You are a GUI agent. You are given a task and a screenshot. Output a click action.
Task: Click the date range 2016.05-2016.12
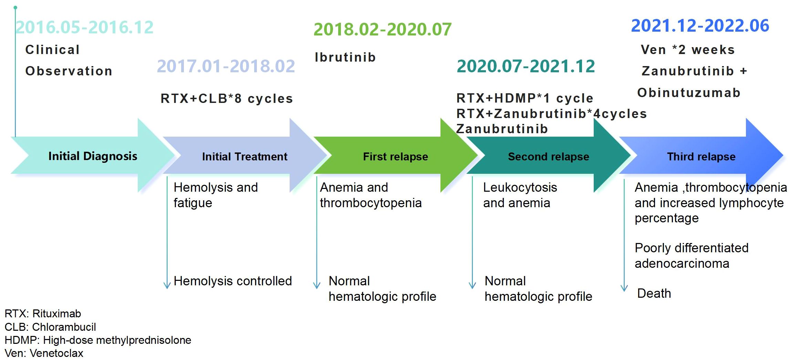[x=85, y=27]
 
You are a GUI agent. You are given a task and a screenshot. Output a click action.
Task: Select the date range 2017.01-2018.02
[x=226, y=66]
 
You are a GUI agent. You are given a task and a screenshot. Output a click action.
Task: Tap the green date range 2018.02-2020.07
[x=383, y=29]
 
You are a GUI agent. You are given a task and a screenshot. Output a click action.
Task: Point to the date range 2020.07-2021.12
[x=526, y=66]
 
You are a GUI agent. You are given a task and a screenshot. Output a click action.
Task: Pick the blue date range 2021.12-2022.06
[x=700, y=25]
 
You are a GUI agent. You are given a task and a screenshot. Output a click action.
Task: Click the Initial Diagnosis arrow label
[x=93, y=156]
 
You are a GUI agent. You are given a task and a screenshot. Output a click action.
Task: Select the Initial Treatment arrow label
[x=245, y=157]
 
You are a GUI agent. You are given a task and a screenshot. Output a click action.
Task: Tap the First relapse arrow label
[x=395, y=157]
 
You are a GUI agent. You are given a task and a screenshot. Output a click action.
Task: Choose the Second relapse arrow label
[x=549, y=157]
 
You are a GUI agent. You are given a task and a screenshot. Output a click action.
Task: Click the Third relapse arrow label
[x=701, y=157]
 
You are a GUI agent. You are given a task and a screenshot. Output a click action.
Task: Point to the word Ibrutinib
[x=345, y=57]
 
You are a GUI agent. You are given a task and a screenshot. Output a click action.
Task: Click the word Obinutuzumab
[x=689, y=93]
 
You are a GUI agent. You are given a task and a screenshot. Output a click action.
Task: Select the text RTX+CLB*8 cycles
[x=227, y=99]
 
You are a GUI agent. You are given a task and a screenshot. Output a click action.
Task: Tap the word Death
[x=654, y=293]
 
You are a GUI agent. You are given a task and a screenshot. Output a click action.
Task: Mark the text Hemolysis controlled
[x=233, y=281]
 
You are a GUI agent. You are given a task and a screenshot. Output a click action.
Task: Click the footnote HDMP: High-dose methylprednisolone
[x=98, y=340]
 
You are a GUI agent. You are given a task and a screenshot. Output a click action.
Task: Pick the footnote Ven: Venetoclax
[x=44, y=353]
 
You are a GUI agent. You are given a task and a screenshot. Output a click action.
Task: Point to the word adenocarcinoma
[x=682, y=263]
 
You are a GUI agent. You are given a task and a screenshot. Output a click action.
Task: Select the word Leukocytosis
[x=520, y=188]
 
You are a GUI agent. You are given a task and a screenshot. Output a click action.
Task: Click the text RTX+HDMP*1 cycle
[x=525, y=98]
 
